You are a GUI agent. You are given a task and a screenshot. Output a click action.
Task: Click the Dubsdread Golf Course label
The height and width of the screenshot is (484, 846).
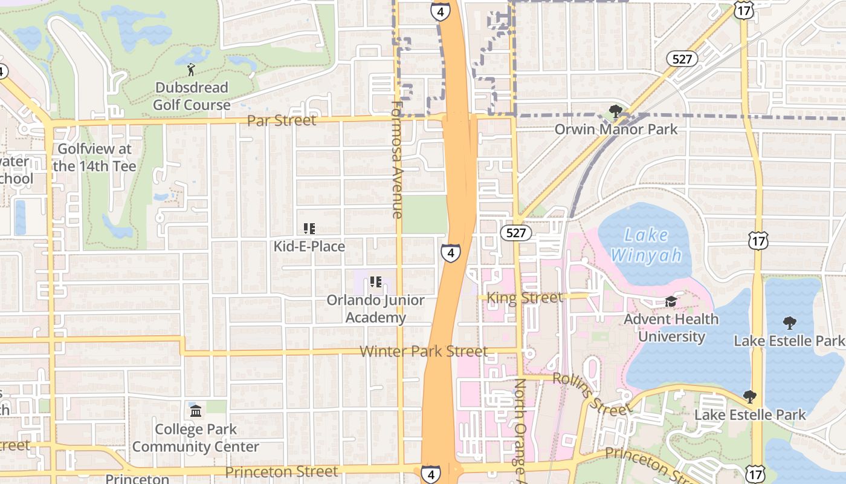pos(192,96)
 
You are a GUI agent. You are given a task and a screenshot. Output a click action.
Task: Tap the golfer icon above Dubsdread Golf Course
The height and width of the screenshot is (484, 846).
pos(192,70)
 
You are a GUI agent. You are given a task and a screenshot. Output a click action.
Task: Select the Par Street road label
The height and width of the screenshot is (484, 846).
pos(282,120)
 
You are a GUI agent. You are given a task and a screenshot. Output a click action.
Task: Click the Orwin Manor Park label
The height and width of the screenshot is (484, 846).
pos(616,129)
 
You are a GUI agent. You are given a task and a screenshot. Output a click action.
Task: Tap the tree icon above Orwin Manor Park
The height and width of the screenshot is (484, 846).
pos(616,111)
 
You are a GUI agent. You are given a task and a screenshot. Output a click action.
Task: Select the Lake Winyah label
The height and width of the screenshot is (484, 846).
pos(646,246)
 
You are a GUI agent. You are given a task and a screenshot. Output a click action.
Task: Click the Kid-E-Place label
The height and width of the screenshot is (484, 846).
pos(309,246)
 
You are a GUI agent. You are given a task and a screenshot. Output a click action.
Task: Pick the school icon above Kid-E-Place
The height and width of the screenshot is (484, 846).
pos(309,229)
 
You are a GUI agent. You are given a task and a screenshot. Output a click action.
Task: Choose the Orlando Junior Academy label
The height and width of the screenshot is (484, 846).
pos(375,309)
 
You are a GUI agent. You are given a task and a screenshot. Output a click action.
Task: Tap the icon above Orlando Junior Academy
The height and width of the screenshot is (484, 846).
pos(376,282)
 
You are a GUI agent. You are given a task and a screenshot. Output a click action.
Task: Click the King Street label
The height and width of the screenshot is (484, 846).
pos(524,298)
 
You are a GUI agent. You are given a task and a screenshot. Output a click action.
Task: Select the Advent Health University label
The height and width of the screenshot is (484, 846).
pos(671,328)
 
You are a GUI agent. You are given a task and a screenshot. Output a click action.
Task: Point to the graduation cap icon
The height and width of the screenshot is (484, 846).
pos(671,301)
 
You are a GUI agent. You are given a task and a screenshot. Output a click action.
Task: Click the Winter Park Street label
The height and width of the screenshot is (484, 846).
pos(424,352)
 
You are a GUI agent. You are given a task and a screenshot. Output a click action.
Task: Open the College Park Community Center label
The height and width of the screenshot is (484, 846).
pos(195,438)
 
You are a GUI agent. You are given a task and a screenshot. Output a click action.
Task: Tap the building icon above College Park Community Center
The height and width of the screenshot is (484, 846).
pos(196,411)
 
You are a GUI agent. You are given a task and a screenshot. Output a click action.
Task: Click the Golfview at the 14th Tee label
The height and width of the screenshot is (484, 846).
pos(94,157)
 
